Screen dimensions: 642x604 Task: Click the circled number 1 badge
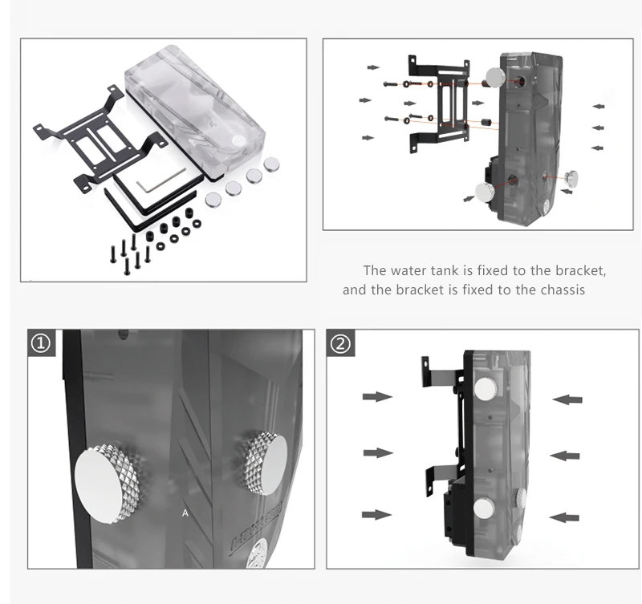(x=41, y=344)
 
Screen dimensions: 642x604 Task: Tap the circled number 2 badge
(x=341, y=344)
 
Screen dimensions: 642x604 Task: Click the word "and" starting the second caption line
(x=354, y=290)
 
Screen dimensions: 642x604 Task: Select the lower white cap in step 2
(x=486, y=508)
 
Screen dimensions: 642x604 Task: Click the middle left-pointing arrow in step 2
(x=566, y=455)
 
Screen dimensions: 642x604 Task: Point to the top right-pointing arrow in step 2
(x=377, y=396)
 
